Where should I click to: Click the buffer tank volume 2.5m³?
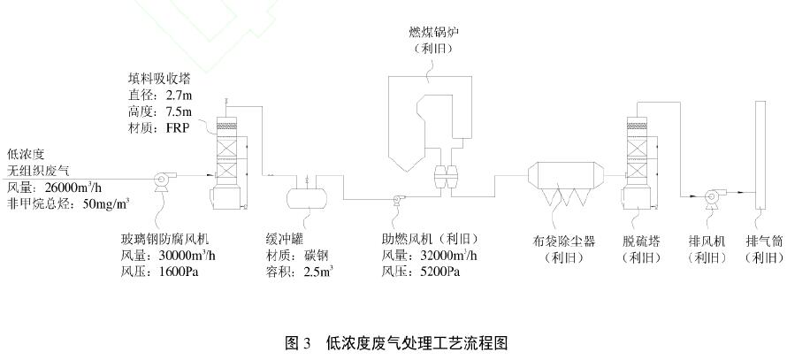pyautogui.click(x=317, y=272)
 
